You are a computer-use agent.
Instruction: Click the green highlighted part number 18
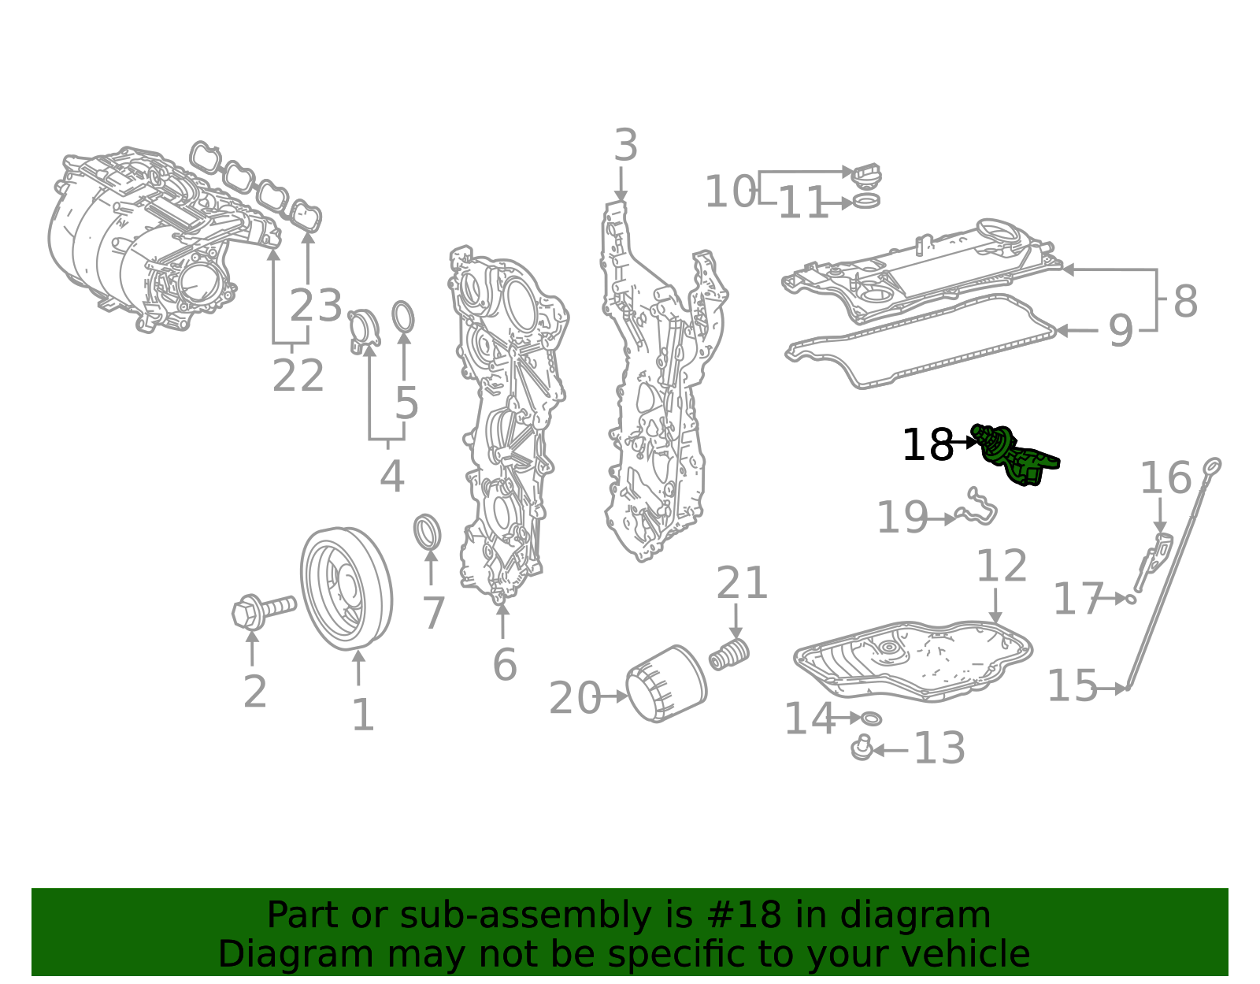pyautogui.click(x=1015, y=455)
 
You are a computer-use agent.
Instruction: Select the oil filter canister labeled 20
pyautogui.click(x=665, y=684)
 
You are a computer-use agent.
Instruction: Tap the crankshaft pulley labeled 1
pyautogui.click(x=346, y=589)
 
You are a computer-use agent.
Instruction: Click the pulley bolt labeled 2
pyautogui.click(x=263, y=611)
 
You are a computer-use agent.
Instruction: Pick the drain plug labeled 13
pyautogui.click(x=862, y=748)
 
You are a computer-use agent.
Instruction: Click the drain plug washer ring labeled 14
pyautogui.click(x=871, y=719)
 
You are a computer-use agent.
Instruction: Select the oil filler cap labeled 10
pyautogui.click(x=866, y=175)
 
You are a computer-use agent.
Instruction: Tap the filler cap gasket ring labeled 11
pyautogui.click(x=866, y=202)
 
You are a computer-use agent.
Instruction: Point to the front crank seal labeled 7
pyautogui.click(x=428, y=533)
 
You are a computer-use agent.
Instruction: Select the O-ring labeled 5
pyautogui.click(x=403, y=317)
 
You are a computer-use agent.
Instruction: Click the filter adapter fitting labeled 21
pyautogui.click(x=729, y=654)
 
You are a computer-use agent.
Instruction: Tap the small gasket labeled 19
pyautogui.click(x=976, y=508)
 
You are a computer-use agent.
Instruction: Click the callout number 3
pyautogui.click(x=625, y=147)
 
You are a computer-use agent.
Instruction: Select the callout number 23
pyautogui.click(x=316, y=306)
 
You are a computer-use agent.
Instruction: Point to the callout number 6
pyautogui.click(x=504, y=664)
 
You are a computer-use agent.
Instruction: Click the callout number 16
pyautogui.click(x=1165, y=478)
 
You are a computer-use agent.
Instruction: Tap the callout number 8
pyautogui.click(x=1185, y=301)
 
